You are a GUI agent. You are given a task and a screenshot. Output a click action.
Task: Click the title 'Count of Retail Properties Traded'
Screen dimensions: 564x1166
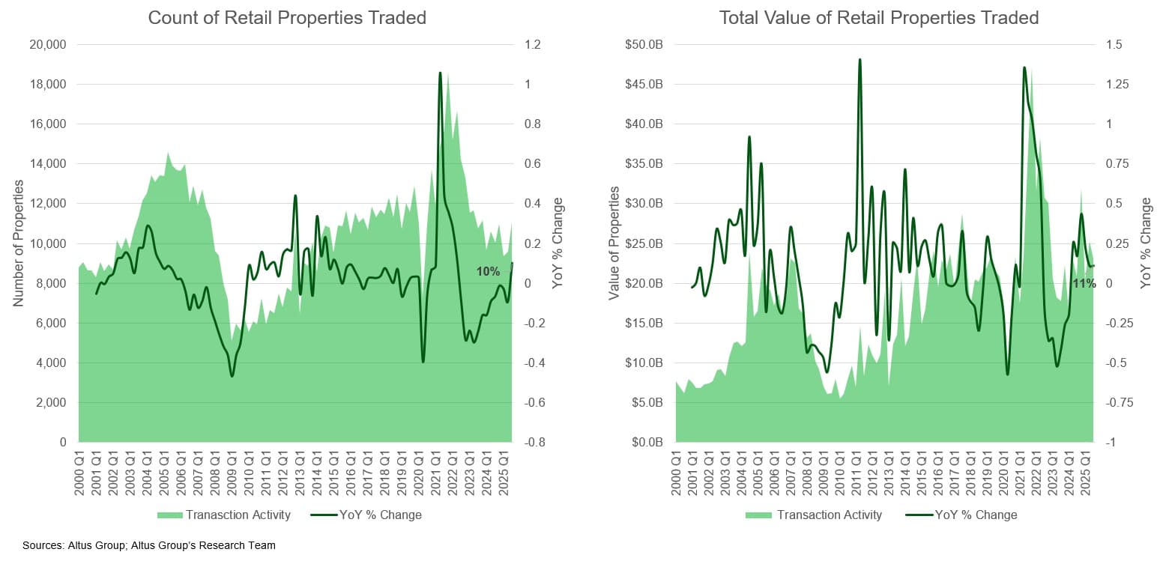[x=287, y=18]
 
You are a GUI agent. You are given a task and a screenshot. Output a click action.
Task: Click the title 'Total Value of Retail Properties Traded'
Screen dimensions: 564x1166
[x=879, y=18]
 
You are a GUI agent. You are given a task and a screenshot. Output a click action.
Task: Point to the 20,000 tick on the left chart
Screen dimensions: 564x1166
[x=49, y=45]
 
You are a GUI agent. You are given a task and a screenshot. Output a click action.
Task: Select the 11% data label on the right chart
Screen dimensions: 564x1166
[x=1084, y=284]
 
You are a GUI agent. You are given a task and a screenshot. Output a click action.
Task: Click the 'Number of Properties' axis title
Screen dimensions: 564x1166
[x=19, y=243]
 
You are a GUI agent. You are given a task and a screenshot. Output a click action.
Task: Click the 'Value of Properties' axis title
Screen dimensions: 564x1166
[x=614, y=243]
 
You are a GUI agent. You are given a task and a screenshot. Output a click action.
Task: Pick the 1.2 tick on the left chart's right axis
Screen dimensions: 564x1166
[x=532, y=45]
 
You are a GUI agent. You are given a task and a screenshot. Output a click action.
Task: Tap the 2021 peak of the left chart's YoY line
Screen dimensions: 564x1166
[x=440, y=73]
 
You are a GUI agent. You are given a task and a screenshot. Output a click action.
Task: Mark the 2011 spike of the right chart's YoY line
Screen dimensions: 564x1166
[x=860, y=60]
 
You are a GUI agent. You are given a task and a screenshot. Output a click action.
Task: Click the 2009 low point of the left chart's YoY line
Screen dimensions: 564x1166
[x=232, y=375]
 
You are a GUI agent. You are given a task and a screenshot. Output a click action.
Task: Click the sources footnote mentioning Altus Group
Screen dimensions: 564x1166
[x=149, y=545]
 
